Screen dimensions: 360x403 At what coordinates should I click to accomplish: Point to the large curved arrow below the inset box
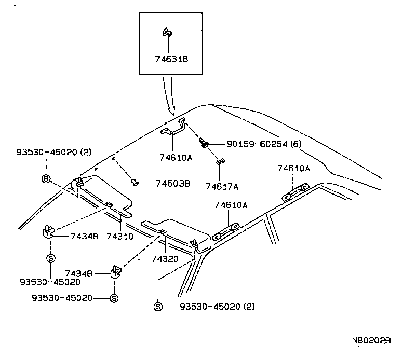click(169, 95)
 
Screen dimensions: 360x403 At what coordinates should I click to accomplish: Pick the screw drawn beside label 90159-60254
click(204, 142)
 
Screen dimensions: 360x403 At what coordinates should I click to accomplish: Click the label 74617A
click(221, 186)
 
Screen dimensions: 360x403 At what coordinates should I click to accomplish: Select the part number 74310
click(120, 236)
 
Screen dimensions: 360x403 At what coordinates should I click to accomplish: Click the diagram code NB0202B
click(371, 341)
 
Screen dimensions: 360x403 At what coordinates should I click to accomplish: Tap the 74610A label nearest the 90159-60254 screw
click(176, 158)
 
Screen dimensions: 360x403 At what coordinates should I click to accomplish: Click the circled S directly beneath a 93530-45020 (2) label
click(46, 179)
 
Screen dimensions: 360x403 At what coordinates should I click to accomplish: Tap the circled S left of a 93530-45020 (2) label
click(158, 307)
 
